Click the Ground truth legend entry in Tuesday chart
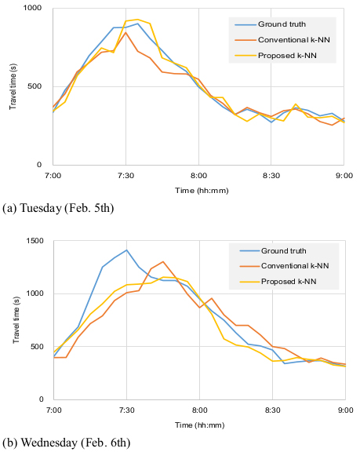pyautogui.click(x=270, y=24)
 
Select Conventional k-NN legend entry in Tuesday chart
pyautogui.click(x=282, y=40)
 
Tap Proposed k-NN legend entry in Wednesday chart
pyautogui.click(x=278, y=282)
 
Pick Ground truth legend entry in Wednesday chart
pyautogui.click(x=273, y=251)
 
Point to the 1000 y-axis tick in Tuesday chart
pyautogui.click(x=32, y=8)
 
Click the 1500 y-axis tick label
pyautogui.click(x=35, y=241)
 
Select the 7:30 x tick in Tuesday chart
pyautogui.click(x=125, y=176)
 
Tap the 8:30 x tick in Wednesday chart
pyautogui.click(x=272, y=410)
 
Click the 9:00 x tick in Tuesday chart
pyautogui.click(x=344, y=176)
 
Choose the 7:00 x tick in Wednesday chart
pyautogui.click(x=54, y=410)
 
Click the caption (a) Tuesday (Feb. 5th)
pyautogui.click(x=58, y=208)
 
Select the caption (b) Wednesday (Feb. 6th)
pyautogui.click(x=66, y=443)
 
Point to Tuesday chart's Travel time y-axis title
pyautogui.click(x=13, y=86)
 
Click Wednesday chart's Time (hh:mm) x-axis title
pyautogui.click(x=199, y=425)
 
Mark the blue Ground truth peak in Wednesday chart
pyautogui.click(x=126, y=250)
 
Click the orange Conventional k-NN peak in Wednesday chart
pyautogui.click(x=163, y=262)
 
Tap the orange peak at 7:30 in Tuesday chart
pyautogui.click(x=125, y=33)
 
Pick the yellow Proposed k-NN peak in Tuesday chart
pyautogui.click(x=138, y=20)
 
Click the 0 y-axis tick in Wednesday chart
pyautogui.click(x=42, y=399)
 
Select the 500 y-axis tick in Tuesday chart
pyautogui.click(x=35, y=86)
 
